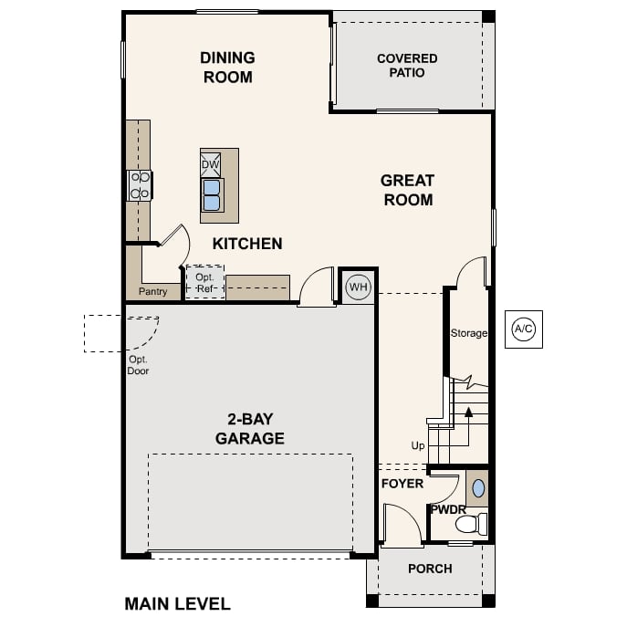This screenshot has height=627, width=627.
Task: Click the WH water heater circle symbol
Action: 358,287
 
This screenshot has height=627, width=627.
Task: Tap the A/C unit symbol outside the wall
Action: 523,329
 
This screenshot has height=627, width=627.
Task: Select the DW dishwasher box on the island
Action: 211,164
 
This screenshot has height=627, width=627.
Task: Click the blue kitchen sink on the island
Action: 212,193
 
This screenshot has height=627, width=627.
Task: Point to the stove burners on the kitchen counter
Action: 140,185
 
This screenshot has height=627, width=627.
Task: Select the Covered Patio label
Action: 407,66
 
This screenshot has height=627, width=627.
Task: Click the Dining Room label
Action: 227,68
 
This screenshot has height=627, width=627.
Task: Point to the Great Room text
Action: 407,190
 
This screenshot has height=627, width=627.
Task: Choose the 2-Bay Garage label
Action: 249,429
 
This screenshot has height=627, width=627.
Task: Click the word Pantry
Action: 152,292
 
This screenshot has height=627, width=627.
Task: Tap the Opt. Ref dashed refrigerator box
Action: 204,283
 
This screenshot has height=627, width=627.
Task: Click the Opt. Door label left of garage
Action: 138,365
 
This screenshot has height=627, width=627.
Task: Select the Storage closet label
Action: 468,333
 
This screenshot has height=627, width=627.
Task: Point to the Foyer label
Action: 402,483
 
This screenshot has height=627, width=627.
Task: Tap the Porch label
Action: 430,569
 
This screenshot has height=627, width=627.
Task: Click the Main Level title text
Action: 177,604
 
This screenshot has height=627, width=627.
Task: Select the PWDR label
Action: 448,508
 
